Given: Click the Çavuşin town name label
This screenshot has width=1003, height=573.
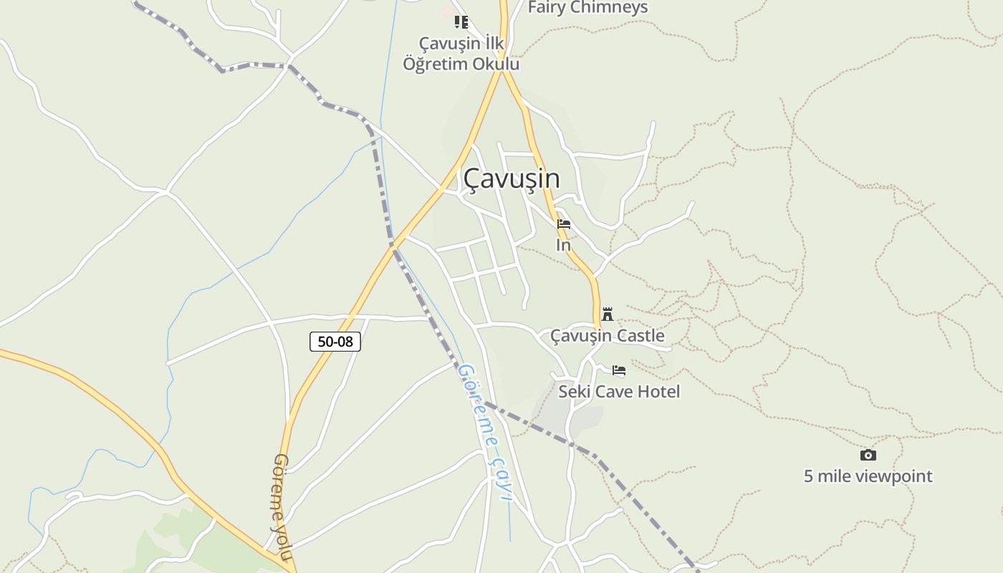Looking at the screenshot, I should click(511, 178).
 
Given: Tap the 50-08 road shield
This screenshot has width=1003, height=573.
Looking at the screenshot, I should click(335, 342).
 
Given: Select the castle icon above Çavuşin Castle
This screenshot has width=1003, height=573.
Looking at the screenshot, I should click(608, 314).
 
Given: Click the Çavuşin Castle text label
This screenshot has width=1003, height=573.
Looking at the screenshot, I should click(607, 335).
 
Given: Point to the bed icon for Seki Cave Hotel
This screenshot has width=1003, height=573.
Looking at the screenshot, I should click(619, 370).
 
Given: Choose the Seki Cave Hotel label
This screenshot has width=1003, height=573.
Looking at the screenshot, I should click(619, 392).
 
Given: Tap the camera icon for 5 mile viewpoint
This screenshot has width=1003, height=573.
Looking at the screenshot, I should click(868, 455).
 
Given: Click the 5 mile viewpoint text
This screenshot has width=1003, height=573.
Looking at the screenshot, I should click(868, 476).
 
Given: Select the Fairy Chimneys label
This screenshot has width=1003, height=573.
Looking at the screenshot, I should click(587, 8).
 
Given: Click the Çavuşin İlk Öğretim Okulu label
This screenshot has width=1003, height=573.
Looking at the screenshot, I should click(461, 54).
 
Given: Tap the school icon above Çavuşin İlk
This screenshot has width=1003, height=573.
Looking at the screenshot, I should click(461, 22).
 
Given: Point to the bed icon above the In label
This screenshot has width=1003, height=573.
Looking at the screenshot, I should click(564, 224).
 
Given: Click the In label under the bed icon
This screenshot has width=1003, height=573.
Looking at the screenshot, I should click(564, 245).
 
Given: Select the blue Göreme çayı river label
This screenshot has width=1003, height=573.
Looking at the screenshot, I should click(485, 431).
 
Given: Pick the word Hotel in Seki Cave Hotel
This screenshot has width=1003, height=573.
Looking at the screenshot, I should click(658, 392).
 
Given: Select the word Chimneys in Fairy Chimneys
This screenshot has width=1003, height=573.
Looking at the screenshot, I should click(609, 8).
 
